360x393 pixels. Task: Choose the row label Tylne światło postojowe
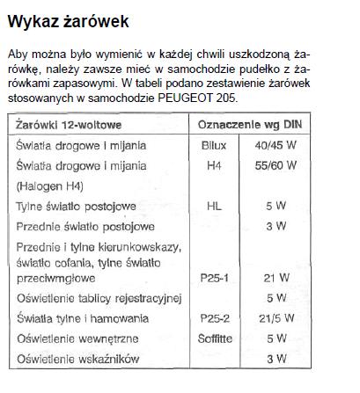point(77,207)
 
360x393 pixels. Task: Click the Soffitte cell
point(214,338)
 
